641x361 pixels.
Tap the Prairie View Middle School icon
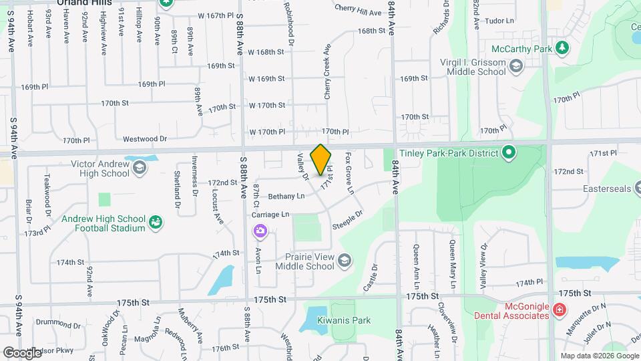[x=345, y=260]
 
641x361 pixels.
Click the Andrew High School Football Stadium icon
[x=156, y=221]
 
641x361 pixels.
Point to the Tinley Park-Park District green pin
[x=508, y=154]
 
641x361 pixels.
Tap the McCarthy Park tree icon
[x=562, y=48]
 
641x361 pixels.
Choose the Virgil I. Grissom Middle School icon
[x=515, y=66]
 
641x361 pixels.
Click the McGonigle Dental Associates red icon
[x=559, y=310]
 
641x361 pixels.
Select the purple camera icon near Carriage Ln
[x=260, y=231]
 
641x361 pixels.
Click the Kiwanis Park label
[x=344, y=320]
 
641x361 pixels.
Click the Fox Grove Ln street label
[x=349, y=172]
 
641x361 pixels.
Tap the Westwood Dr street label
[x=145, y=139]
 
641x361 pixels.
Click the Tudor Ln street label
[x=499, y=21]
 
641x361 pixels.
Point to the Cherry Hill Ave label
[x=357, y=12]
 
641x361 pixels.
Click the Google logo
[x=22, y=352]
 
